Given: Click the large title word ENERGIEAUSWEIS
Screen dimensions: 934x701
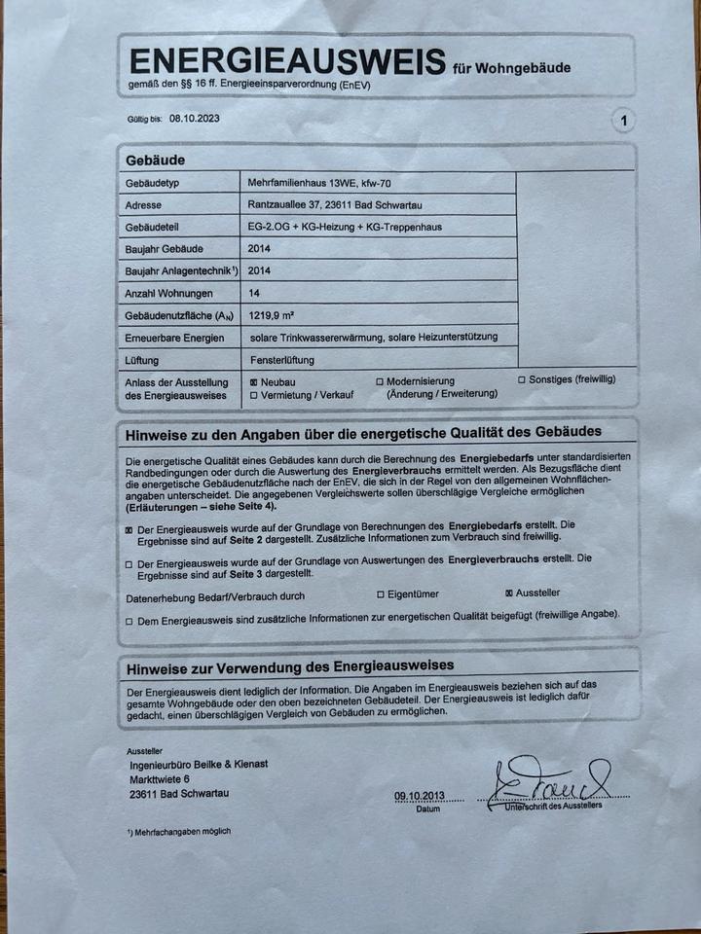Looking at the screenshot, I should tap(287, 61).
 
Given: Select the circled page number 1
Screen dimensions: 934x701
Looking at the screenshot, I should tap(623, 121).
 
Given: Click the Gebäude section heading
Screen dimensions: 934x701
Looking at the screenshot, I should tap(156, 160).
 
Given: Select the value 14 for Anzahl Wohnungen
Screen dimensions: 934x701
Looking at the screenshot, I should tap(255, 292).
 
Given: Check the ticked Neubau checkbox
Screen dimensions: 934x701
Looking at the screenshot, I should tap(254, 382).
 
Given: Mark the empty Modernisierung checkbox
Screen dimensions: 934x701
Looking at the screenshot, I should tap(380, 382).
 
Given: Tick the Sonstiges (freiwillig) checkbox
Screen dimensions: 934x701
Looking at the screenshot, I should tap(522, 379).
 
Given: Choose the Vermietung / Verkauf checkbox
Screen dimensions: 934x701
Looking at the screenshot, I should tap(254, 396).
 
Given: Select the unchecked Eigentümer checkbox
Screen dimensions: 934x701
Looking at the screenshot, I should tap(380, 593).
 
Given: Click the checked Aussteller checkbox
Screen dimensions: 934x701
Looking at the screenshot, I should tap(509, 593).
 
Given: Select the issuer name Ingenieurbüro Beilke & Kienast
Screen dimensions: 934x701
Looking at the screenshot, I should tap(199, 764).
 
